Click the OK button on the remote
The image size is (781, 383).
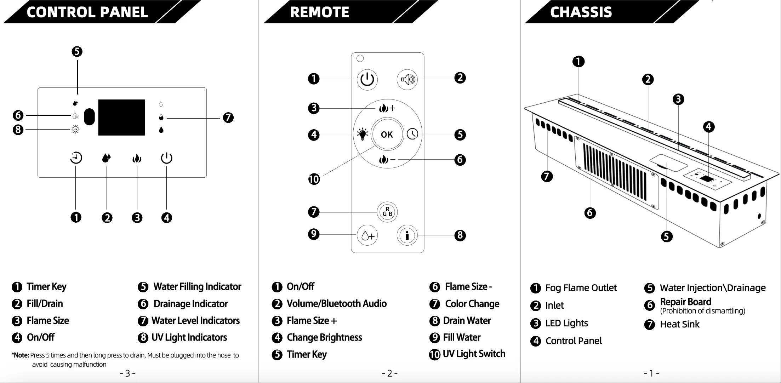coord(387,135)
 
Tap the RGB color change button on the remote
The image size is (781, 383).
coord(387,212)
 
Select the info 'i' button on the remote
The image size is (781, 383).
coord(407,235)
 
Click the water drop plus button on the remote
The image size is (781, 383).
coord(367,235)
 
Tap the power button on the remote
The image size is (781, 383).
coord(367,79)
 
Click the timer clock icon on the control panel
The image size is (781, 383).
coord(76,158)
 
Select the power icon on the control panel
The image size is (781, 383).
coord(166,158)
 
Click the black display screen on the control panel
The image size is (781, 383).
coord(121,117)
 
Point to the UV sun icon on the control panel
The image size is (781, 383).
coord(75,130)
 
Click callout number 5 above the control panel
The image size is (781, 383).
coord(77,52)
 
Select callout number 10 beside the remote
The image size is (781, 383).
coord(314,179)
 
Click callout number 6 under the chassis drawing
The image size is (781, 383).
coord(590,213)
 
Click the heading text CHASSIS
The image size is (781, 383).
coord(581,12)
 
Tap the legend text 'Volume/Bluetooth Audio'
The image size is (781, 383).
coord(336,304)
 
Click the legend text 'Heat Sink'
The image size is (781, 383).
coord(679,324)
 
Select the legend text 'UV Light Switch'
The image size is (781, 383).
coord(474,354)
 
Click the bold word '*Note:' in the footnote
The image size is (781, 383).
coord(20,355)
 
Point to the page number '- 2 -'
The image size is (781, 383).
coord(389,373)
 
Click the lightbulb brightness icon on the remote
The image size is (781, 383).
coord(362,134)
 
